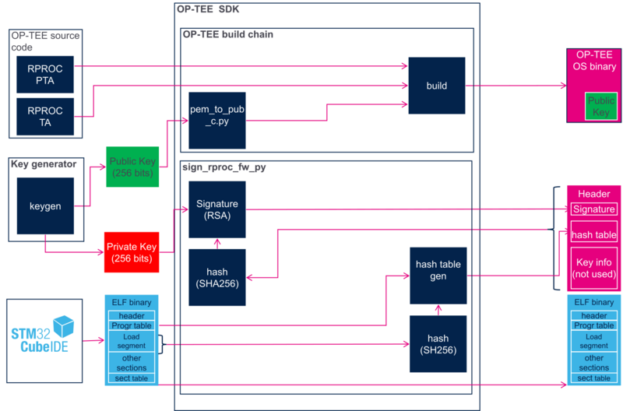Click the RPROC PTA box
point(45,74)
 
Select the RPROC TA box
point(45,116)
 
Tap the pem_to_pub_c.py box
point(217,121)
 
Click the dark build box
point(437,86)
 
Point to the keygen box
point(45,205)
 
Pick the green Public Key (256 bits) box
point(132,167)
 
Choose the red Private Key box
point(132,252)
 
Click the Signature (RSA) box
point(217,209)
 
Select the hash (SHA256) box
point(217,278)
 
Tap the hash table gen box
point(438,276)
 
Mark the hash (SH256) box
point(438,344)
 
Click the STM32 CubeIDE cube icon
point(64,326)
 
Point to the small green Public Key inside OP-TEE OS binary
point(600,106)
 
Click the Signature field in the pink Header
point(593,209)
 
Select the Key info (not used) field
point(593,268)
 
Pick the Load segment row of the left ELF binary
point(132,341)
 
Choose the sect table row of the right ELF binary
point(593,378)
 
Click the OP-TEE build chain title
point(228,34)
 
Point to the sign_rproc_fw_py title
point(224,167)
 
